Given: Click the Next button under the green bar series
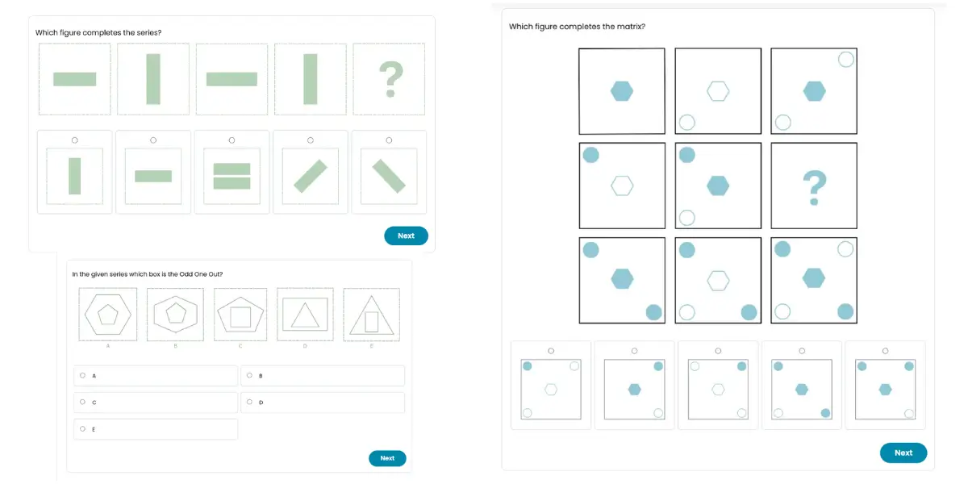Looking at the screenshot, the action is pyautogui.click(x=406, y=236).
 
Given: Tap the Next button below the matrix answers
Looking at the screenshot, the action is pyautogui.click(x=903, y=453).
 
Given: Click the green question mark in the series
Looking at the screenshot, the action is pyautogui.click(x=390, y=79).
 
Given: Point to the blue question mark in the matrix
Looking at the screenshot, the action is pyautogui.click(x=814, y=187).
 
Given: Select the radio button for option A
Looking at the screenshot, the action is pyautogui.click(x=82, y=376).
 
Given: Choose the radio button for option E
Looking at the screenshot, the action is pyautogui.click(x=82, y=428).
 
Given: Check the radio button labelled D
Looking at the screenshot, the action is pyautogui.click(x=249, y=402).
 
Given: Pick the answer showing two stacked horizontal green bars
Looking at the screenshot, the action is pyautogui.click(x=232, y=176).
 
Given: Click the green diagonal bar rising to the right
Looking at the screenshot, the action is pyautogui.click(x=311, y=176).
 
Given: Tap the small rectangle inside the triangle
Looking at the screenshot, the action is pyautogui.click(x=372, y=322).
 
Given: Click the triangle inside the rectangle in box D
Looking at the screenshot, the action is pyautogui.click(x=305, y=315).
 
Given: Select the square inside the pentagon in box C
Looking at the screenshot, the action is pyautogui.click(x=240, y=317).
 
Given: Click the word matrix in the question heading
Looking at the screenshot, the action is pyautogui.click(x=631, y=27).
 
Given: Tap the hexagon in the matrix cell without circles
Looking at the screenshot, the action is pyautogui.click(x=622, y=91).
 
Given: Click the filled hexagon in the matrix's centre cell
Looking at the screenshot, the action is pyautogui.click(x=718, y=186).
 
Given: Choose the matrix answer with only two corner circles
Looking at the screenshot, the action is pyautogui.click(x=634, y=389).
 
